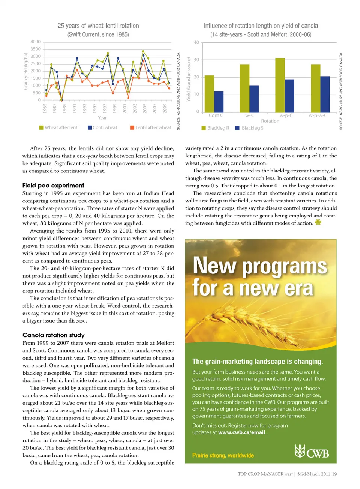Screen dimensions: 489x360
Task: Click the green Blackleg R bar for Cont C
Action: click(x=209, y=94)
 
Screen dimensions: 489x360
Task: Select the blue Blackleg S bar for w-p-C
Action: click(x=289, y=96)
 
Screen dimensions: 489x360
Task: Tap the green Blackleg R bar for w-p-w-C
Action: click(x=316, y=88)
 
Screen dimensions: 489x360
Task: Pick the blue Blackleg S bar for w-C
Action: click(x=254, y=99)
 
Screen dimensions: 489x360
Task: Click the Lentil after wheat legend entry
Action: click(x=150, y=127)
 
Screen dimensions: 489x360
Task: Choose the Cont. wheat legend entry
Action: click(x=102, y=127)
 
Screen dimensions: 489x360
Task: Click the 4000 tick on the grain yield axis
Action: click(x=36, y=42)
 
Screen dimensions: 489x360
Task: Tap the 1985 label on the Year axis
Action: click(x=45, y=108)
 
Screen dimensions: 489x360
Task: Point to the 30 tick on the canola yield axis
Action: click(x=196, y=60)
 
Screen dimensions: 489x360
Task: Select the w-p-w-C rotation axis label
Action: click(x=318, y=115)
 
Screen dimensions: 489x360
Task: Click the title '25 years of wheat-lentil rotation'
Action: click(x=98, y=26)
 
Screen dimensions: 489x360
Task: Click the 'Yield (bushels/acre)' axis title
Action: click(x=189, y=79)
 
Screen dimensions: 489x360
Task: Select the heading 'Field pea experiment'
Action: click(x=53, y=186)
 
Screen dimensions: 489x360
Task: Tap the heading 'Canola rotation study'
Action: click(x=54, y=335)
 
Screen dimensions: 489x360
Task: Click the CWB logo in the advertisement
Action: click(x=312, y=451)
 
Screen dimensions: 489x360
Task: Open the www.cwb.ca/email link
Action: click(x=241, y=432)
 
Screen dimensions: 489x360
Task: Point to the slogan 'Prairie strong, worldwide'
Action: click(x=223, y=455)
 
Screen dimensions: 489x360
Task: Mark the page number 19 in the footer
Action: click(x=334, y=474)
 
